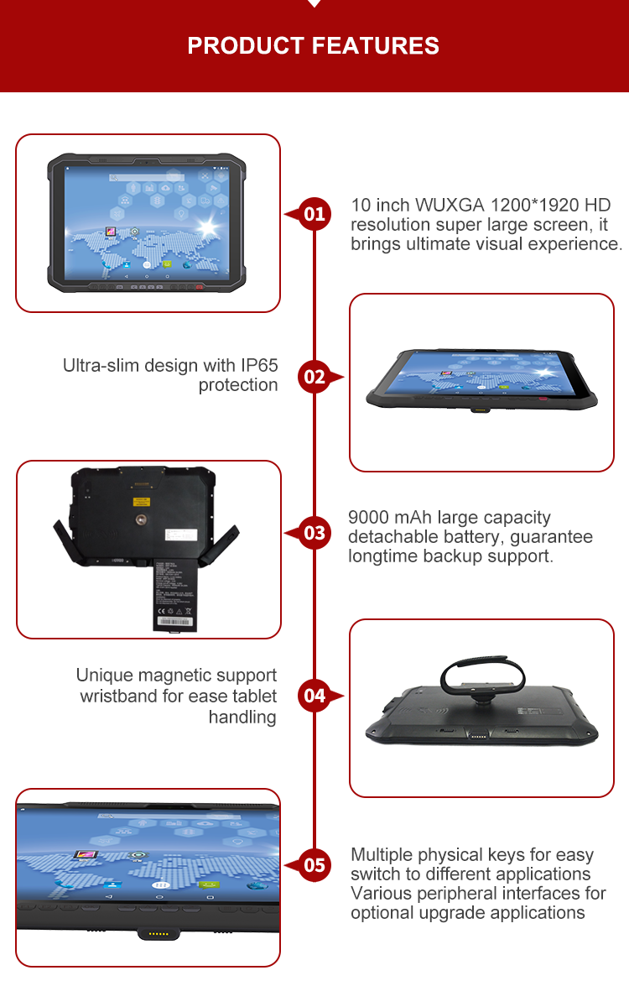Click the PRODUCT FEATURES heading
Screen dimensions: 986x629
[314, 45]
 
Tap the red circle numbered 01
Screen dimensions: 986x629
[314, 214]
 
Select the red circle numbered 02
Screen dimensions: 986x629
[314, 377]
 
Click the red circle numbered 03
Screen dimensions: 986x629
[314, 533]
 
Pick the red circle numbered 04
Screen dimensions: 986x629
[314, 695]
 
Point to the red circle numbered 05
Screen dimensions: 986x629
[314, 864]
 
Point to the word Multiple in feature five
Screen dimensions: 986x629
[382, 855]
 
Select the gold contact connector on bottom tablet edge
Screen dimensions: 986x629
[157, 933]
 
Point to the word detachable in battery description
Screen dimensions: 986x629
[389, 537]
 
